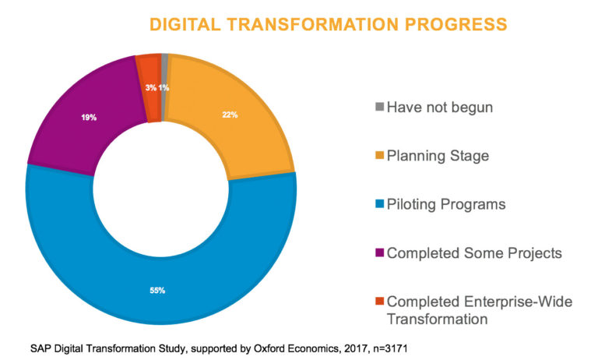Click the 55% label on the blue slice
[x=157, y=291]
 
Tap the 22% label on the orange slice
[x=230, y=115]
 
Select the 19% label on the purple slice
[x=89, y=118]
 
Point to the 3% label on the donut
[x=150, y=88]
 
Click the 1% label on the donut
[x=164, y=88]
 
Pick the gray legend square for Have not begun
[x=379, y=107]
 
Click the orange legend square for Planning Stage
[x=379, y=155]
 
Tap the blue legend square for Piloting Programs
[x=379, y=203]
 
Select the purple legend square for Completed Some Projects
[x=379, y=252]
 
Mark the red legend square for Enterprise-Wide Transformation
[x=379, y=301]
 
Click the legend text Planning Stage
[x=438, y=156]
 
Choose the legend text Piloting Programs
[x=446, y=205]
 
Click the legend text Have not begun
[x=440, y=108]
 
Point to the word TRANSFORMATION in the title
[x=313, y=24]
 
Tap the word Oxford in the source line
[x=269, y=348]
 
